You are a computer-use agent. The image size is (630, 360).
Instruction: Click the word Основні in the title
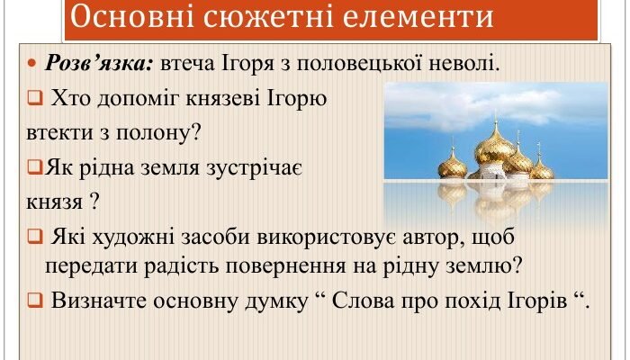tap(124, 18)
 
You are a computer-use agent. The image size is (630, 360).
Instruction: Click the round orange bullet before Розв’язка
tap(32, 66)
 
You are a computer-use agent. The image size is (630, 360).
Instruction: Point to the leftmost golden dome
tap(453, 163)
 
